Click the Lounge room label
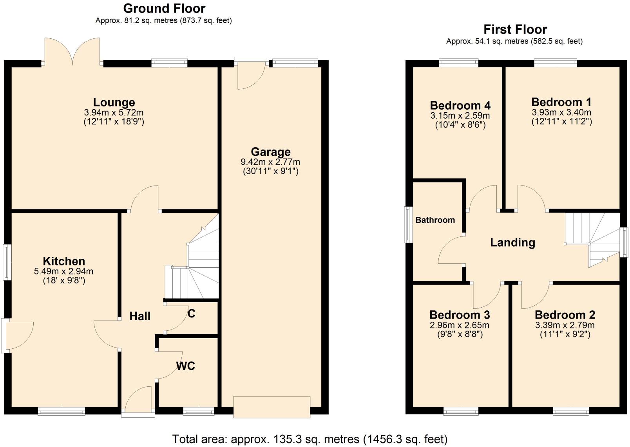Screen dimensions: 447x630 [114, 103]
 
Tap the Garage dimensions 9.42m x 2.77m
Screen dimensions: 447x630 [270, 162]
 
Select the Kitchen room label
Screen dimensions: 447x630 [64, 261]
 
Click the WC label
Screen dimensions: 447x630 [185, 366]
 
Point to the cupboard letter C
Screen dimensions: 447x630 [192, 314]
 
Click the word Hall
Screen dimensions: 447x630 [140, 316]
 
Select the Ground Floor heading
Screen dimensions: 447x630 [164, 8]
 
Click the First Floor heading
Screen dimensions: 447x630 [515, 29]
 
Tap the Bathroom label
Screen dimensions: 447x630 [435, 220]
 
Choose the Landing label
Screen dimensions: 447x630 [512, 243]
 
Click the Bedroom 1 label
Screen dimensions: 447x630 [561, 102]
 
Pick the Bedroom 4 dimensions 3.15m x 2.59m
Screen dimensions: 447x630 [460, 116]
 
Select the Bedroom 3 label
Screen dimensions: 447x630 [460, 315]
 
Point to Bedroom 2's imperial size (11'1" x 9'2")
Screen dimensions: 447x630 [565, 334]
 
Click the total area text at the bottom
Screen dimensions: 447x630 [310, 439]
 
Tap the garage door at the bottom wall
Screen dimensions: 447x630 [272, 407]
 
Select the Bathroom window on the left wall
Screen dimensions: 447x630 [409, 224]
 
